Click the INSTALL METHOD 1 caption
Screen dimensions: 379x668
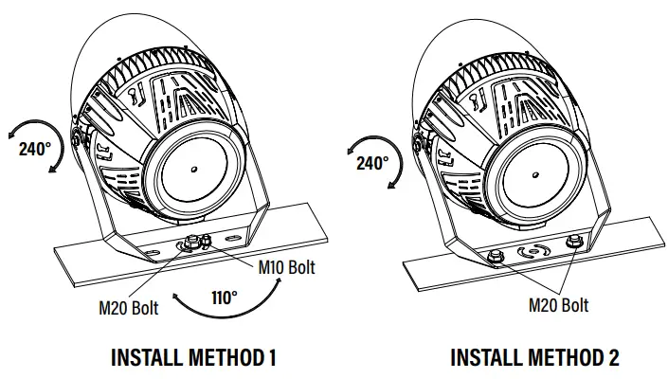(193, 358)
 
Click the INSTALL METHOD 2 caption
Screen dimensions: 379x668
(534, 358)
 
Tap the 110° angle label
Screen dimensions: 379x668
(224, 296)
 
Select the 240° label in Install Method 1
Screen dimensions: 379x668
(36, 149)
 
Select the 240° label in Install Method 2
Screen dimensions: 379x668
(372, 163)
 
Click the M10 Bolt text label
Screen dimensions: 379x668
(287, 267)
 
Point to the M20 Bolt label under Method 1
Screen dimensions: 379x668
(129, 306)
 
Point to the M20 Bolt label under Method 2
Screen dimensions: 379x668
(558, 304)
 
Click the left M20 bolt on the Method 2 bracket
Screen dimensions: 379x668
(494, 255)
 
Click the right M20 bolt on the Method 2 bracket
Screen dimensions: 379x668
(571, 243)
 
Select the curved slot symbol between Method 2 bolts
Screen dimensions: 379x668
(532, 252)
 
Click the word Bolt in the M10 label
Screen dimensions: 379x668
(300, 267)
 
